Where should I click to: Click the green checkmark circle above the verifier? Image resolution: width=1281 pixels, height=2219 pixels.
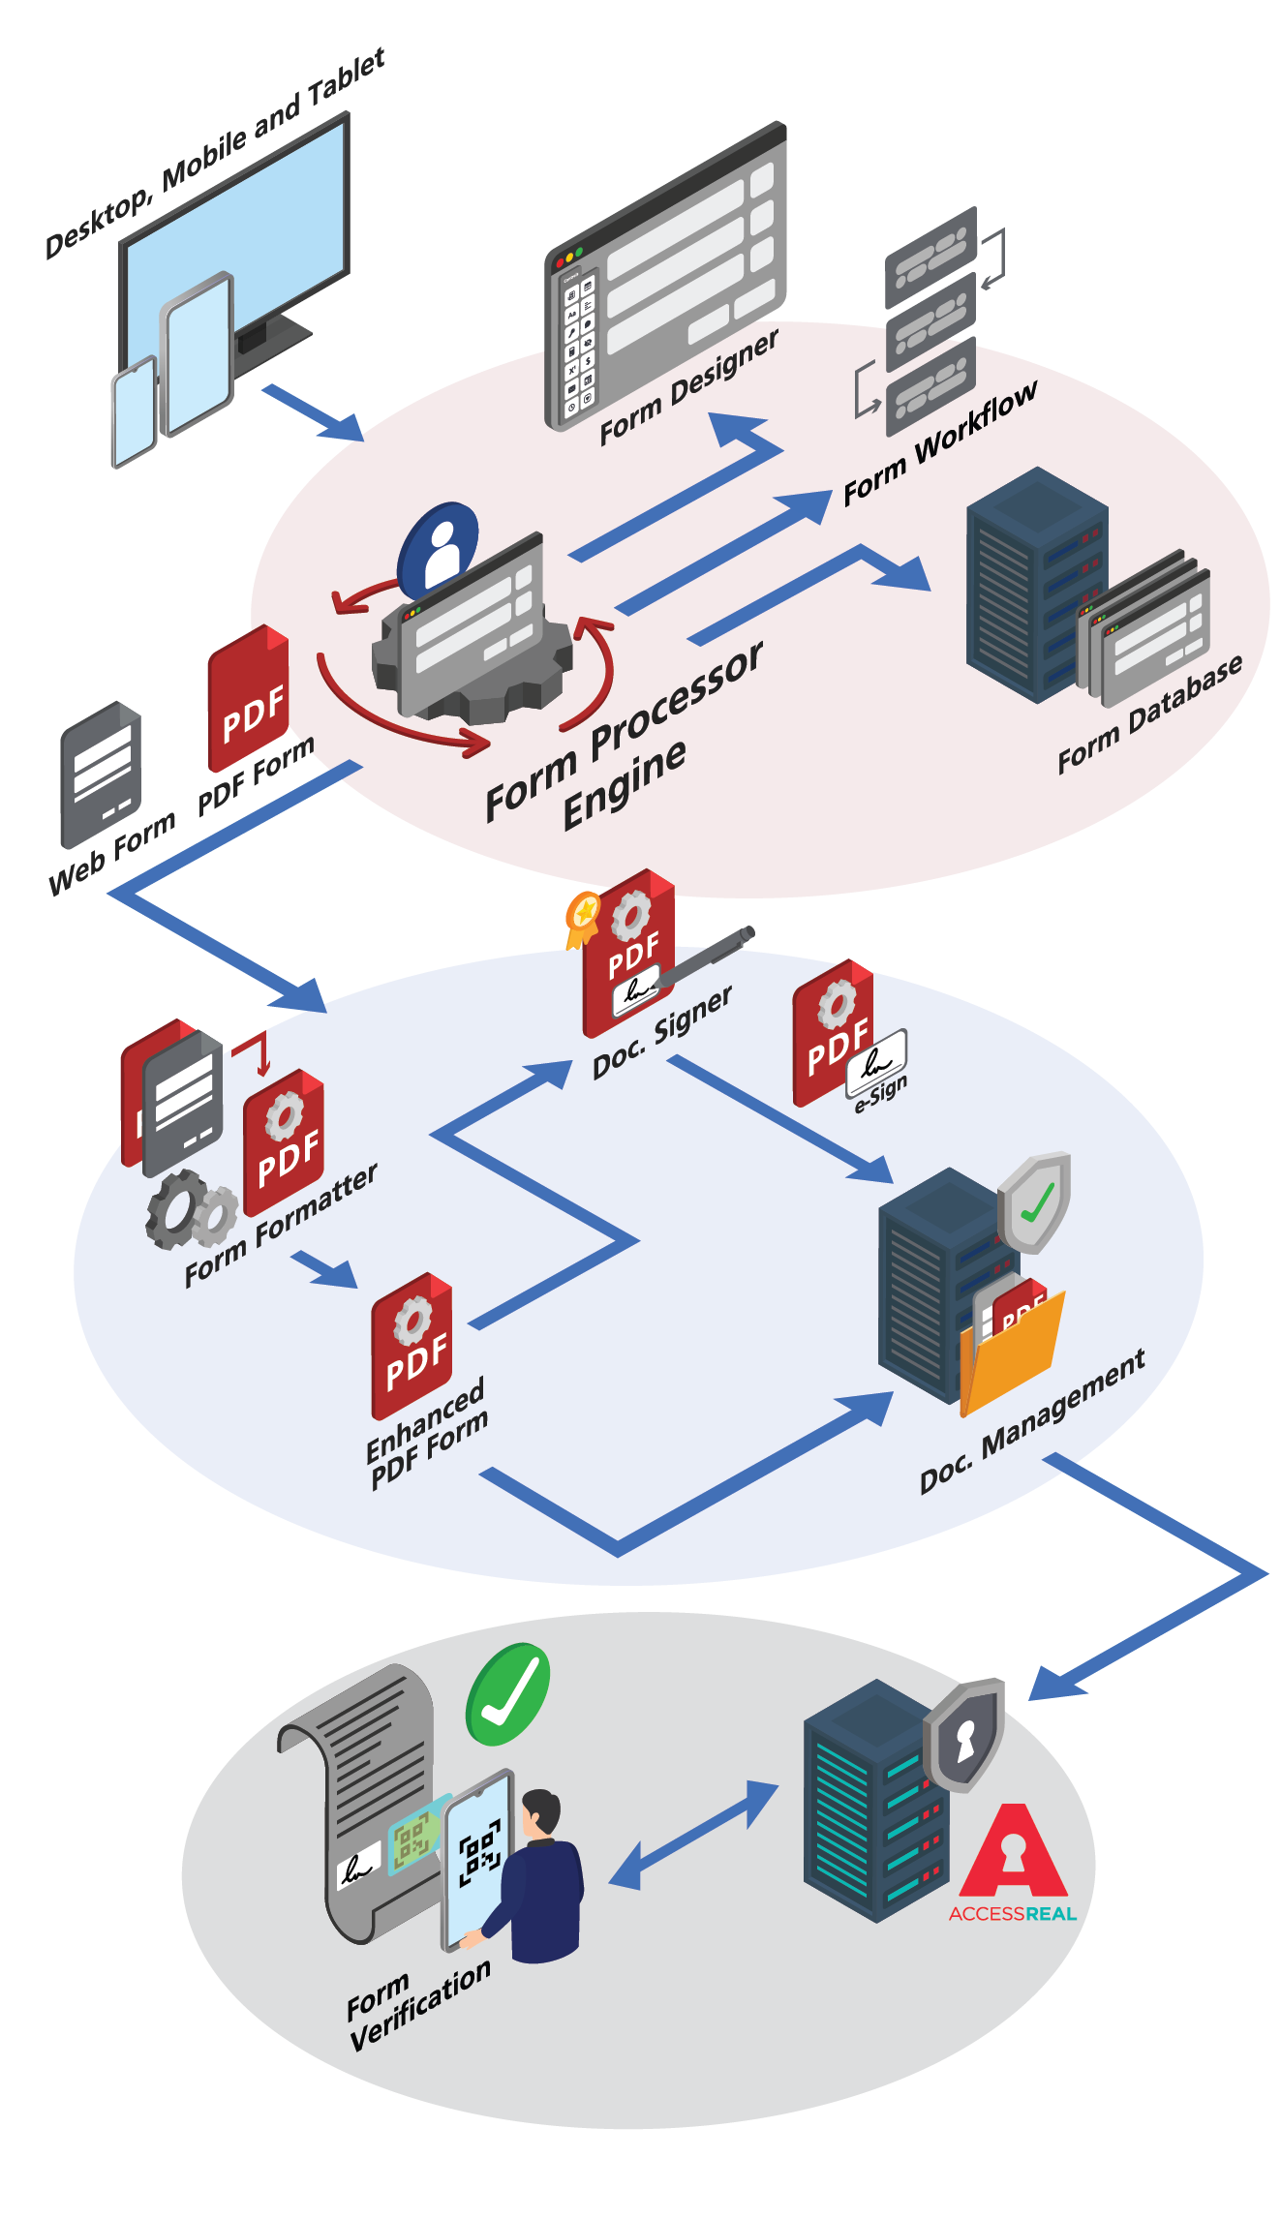[507, 1694]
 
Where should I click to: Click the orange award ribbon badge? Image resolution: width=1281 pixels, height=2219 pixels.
[583, 915]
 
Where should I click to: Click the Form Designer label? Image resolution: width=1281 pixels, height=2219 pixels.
[688, 387]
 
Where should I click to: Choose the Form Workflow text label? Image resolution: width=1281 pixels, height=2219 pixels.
[939, 442]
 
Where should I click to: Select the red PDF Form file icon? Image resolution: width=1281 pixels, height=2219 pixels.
[249, 697]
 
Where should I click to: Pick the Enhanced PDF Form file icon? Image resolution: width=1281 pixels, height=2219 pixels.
[412, 1346]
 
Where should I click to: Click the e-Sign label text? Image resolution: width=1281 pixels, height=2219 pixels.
[881, 1093]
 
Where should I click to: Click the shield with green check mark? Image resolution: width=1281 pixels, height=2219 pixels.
[1035, 1201]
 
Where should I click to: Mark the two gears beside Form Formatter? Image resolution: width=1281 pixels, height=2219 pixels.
[191, 1210]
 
